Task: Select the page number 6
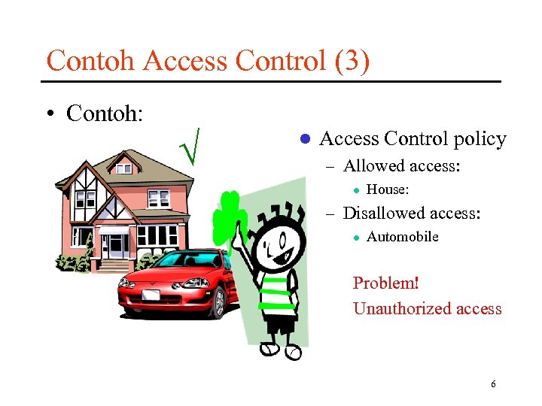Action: click(x=493, y=384)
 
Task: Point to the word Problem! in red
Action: click(x=385, y=283)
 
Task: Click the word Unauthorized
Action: click(x=397, y=308)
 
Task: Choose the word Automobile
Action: click(x=402, y=237)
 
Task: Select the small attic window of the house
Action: click(x=123, y=168)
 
